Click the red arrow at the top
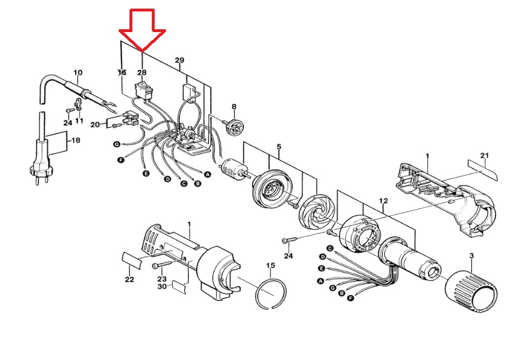pyautogui.click(x=142, y=30)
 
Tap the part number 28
pyautogui.click(x=141, y=73)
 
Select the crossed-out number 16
pyautogui.click(x=122, y=72)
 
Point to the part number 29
pyautogui.click(x=179, y=60)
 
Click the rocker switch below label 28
pyautogui.click(x=143, y=91)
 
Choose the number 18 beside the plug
pyautogui.click(x=76, y=140)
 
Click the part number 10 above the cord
pyautogui.click(x=78, y=73)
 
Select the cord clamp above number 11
pyautogui.click(x=78, y=104)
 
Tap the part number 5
pyautogui.click(x=279, y=146)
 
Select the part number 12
pyautogui.click(x=383, y=201)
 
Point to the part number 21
pyautogui.click(x=485, y=155)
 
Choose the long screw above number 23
pyautogui.click(x=163, y=265)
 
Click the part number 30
pyautogui.click(x=162, y=286)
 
